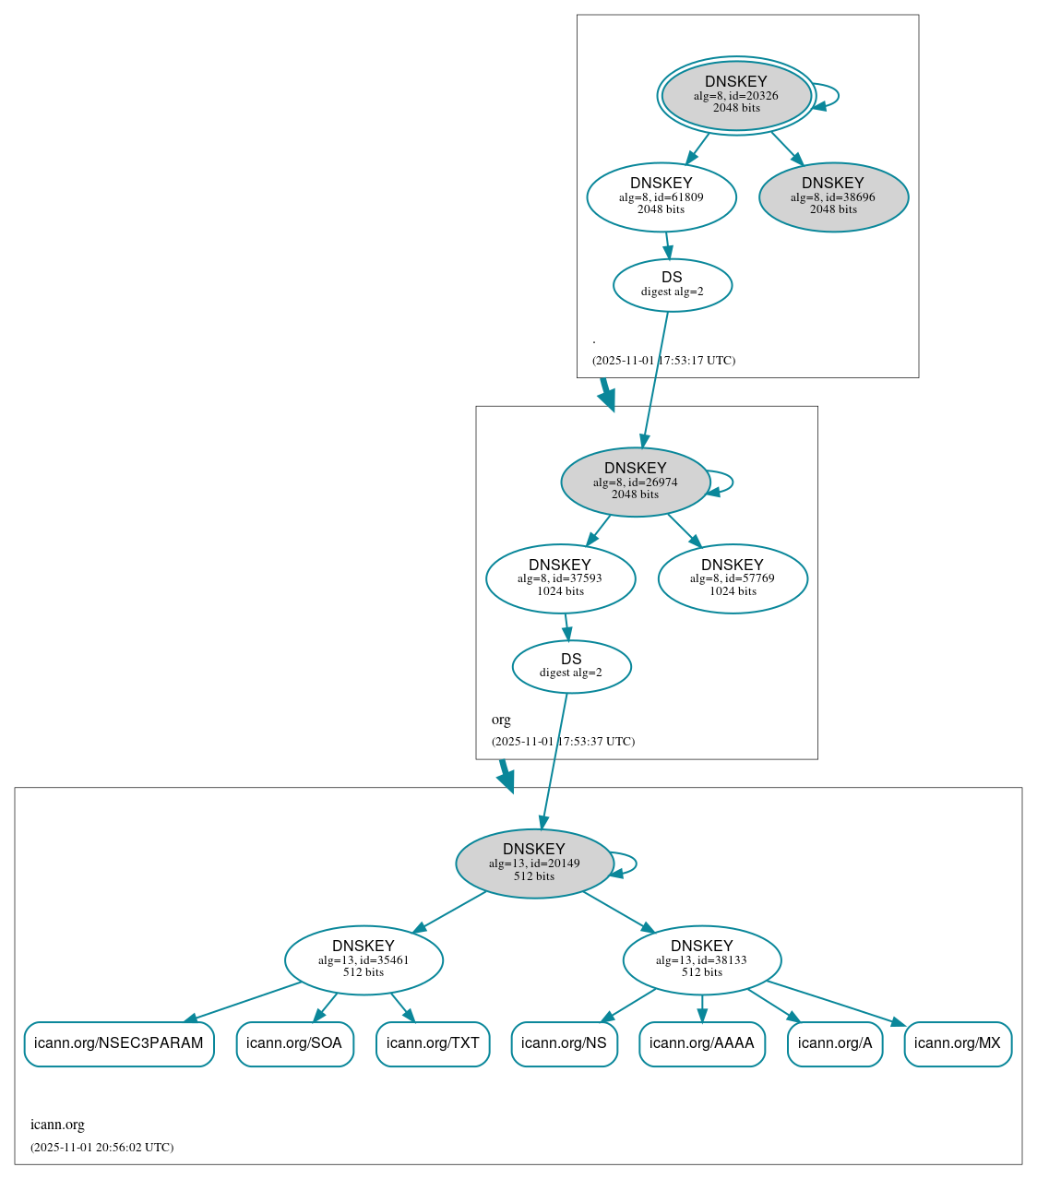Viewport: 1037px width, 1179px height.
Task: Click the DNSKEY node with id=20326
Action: (x=735, y=95)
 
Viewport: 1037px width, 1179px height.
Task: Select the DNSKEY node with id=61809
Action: (x=661, y=196)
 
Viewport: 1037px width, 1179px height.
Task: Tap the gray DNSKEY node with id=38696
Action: (x=833, y=196)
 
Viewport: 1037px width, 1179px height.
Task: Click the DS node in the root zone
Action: (x=672, y=285)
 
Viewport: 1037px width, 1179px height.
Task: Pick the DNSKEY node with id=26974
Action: (x=635, y=482)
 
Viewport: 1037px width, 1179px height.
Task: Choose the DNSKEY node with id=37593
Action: (x=560, y=578)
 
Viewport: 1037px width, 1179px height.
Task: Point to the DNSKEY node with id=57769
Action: (x=733, y=578)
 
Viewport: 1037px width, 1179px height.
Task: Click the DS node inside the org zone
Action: (x=571, y=666)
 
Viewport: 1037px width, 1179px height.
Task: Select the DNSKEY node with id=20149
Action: (x=534, y=863)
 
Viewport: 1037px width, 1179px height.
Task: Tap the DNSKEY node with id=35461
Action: (x=364, y=959)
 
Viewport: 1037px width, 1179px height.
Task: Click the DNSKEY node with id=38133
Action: (x=702, y=959)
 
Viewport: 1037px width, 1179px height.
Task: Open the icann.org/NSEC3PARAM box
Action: (x=119, y=1043)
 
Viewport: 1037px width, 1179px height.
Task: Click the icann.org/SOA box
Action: (x=294, y=1043)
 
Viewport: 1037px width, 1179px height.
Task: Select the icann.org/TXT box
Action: (x=433, y=1043)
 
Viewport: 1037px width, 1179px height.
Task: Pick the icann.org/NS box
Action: (x=564, y=1043)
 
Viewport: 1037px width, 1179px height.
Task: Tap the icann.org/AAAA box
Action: (x=702, y=1043)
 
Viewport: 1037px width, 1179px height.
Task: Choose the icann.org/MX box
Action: (x=958, y=1043)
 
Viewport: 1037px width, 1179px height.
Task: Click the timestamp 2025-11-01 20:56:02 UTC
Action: (x=101, y=1148)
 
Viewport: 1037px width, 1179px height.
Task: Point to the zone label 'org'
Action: (x=501, y=720)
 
